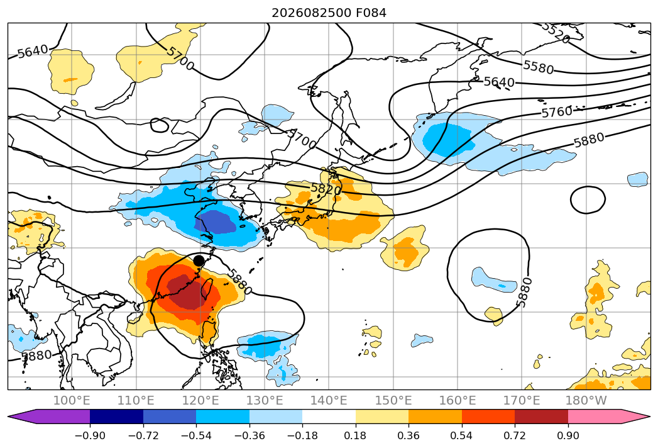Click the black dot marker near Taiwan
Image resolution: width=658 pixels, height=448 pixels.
199,260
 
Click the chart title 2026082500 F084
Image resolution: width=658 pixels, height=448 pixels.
329,13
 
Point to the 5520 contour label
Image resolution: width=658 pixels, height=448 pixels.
555,33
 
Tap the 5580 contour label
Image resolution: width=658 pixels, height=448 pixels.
539,67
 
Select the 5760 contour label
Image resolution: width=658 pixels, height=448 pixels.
557,112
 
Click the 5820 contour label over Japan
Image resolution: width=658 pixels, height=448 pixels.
326,189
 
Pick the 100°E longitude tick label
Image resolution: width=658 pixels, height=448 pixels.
72,401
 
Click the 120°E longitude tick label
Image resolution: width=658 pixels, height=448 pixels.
200,401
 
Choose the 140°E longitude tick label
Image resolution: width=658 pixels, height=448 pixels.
329,401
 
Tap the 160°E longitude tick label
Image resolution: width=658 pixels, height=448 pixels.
457,401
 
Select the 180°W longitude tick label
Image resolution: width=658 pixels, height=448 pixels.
586,401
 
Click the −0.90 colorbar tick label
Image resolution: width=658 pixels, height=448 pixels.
90,435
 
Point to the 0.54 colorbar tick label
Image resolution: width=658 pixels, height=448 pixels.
461,435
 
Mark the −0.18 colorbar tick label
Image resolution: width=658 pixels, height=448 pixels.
302,435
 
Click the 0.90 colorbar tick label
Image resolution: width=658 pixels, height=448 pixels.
568,435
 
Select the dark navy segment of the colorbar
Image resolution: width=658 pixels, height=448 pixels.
116,417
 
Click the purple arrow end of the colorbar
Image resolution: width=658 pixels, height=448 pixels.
49,417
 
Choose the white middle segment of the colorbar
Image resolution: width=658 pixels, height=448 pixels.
329,417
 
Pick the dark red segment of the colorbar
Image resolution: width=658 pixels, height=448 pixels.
541,417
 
